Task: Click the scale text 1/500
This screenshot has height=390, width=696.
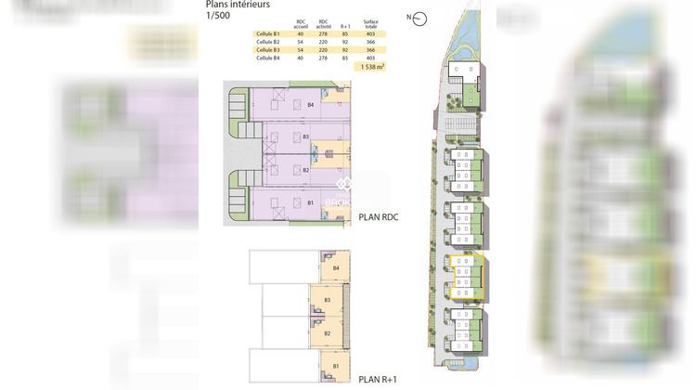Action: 218,16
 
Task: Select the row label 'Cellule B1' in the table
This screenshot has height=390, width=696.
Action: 267,33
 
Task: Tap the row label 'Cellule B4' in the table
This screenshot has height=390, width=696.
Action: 267,58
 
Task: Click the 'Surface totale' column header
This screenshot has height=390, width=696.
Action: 370,23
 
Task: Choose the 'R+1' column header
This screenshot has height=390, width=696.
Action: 345,25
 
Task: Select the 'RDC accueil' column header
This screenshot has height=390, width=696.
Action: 301,23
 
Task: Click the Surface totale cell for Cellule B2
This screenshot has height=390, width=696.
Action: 370,42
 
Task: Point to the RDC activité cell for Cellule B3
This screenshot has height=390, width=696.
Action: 323,50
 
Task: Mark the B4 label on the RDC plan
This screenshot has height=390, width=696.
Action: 312,106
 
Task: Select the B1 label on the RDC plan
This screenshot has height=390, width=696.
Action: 312,201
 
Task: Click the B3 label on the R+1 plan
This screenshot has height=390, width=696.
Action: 328,300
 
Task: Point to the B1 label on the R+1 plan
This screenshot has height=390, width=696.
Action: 335,367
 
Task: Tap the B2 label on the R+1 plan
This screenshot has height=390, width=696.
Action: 328,333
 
